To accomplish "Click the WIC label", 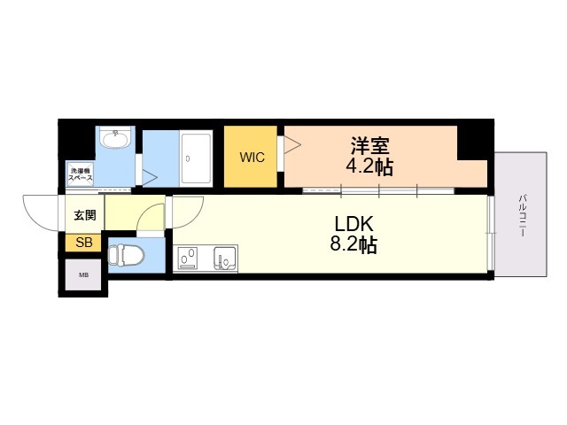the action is click(x=252, y=158).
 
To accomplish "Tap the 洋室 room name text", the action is click(x=370, y=145).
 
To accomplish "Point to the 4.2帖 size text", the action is click(x=369, y=166).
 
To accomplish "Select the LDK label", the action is click(x=353, y=224).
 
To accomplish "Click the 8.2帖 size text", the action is click(x=353, y=245).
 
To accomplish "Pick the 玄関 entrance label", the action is click(x=85, y=215).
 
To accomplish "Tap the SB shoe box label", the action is click(x=84, y=243).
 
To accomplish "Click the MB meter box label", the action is click(x=84, y=275).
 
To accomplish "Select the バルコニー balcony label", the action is click(x=522, y=216).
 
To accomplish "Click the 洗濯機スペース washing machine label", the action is click(x=81, y=174).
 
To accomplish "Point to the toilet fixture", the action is click(x=126, y=256).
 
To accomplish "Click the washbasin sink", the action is click(x=116, y=138).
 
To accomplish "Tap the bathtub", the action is click(x=196, y=158).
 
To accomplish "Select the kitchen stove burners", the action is click(x=188, y=259).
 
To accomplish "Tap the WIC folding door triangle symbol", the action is click(x=292, y=145).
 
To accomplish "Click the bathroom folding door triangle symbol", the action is click(x=149, y=178).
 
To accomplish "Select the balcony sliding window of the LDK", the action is click(x=490, y=233).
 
